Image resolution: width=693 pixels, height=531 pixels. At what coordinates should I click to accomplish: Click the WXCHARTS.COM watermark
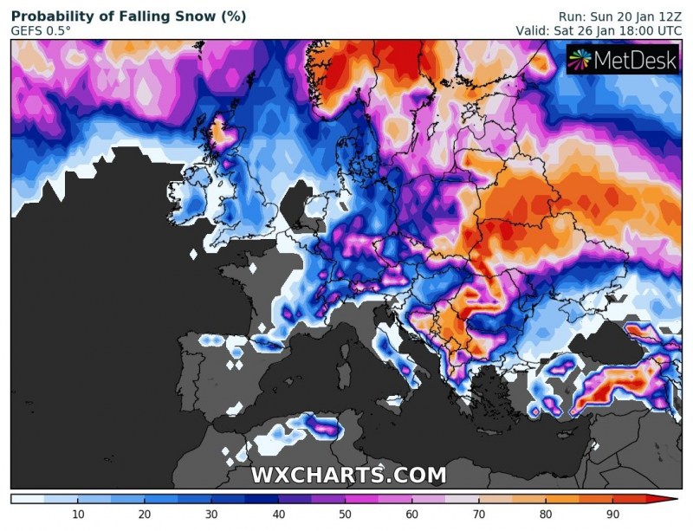(348, 476)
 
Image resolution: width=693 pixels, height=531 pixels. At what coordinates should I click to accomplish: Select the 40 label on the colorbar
(278, 515)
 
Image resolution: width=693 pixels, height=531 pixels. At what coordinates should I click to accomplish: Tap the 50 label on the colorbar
(345, 515)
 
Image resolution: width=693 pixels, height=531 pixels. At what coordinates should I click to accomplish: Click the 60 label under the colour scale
(411, 515)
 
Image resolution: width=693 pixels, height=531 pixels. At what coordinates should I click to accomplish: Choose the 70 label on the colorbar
(479, 515)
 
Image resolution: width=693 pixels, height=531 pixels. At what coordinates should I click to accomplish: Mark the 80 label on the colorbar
(546, 515)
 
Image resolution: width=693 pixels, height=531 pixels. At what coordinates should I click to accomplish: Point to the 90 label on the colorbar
(612, 515)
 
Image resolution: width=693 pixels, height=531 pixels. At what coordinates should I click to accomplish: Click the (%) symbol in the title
(231, 16)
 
